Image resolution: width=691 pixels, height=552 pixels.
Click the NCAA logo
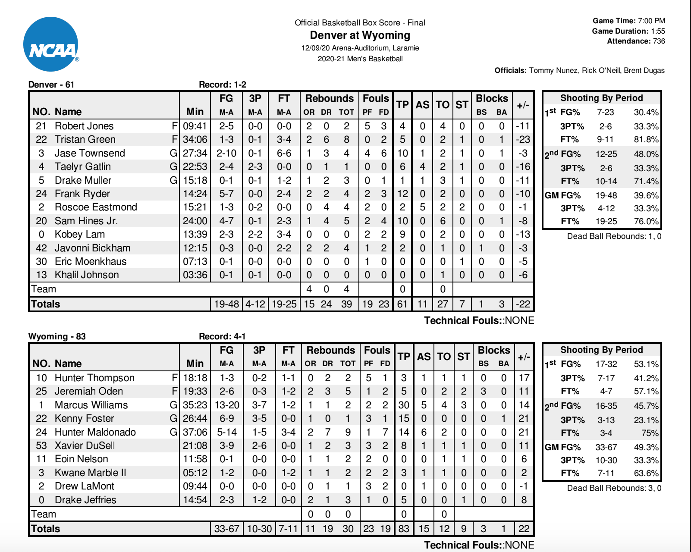click(x=51, y=44)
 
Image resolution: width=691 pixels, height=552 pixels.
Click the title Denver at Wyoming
click(x=360, y=35)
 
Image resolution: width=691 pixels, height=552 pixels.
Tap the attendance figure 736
click(x=659, y=41)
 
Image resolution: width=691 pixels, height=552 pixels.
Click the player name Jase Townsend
click(x=90, y=153)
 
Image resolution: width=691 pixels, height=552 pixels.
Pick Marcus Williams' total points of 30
click(x=404, y=405)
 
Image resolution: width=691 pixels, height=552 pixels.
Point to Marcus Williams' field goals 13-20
click(x=227, y=405)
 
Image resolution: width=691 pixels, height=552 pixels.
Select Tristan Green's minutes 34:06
click(x=195, y=139)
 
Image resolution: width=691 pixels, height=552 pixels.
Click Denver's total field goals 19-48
click(x=226, y=304)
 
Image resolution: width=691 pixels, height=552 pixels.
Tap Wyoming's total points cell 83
click(x=404, y=529)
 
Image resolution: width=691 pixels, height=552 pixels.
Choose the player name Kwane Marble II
click(x=90, y=473)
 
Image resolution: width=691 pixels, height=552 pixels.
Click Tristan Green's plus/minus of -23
click(x=523, y=139)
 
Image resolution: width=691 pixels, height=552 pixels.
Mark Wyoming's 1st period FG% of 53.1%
click(x=646, y=364)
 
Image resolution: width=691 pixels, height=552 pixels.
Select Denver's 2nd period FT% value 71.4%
click(x=646, y=181)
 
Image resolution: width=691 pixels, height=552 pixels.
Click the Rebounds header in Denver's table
click(x=330, y=98)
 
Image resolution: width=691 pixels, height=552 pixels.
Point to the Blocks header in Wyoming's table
click(x=493, y=350)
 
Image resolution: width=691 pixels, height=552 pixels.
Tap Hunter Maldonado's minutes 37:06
click(x=195, y=432)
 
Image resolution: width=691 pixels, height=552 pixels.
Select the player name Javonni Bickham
click(x=92, y=248)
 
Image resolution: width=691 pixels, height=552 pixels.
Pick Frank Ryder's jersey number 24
click(x=41, y=194)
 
